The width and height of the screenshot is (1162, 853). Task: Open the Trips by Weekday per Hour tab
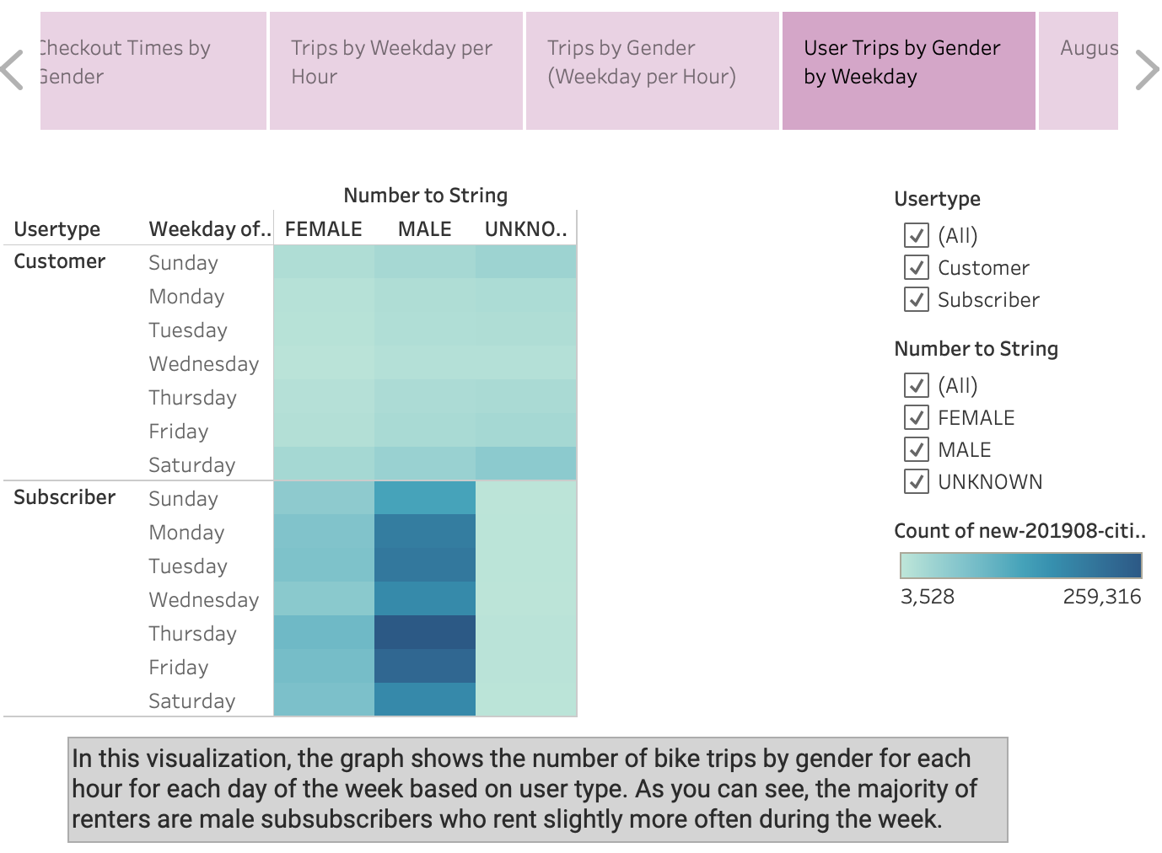coord(395,71)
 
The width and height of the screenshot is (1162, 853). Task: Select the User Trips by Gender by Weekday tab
coord(908,71)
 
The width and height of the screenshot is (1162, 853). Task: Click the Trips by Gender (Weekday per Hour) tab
coord(652,71)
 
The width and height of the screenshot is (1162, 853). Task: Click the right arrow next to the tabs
coord(1146,70)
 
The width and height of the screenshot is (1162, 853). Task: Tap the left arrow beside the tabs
coord(13,70)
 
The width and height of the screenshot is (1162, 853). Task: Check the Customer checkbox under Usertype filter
coord(916,267)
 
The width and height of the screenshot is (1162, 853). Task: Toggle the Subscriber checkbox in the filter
coord(916,299)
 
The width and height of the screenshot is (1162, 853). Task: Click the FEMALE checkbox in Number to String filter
coord(916,417)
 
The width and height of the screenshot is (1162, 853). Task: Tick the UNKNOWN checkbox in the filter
coord(916,481)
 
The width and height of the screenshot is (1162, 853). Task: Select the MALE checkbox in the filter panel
coord(916,449)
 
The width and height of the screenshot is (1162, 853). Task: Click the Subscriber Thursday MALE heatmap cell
coord(424,632)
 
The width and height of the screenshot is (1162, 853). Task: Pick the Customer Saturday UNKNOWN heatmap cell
coord(525,464)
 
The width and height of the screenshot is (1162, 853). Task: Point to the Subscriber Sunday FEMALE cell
coord(324,497)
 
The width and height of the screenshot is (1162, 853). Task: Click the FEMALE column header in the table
coord(323,229)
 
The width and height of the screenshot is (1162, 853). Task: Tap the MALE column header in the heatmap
coord(424,229)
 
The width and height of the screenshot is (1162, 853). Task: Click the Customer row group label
coord(60,261)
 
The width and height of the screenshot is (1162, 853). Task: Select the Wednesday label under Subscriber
coord(203,600)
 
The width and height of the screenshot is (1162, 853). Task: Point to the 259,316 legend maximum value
coord(1101,597)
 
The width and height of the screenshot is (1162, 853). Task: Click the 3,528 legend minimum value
coord(928,597)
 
